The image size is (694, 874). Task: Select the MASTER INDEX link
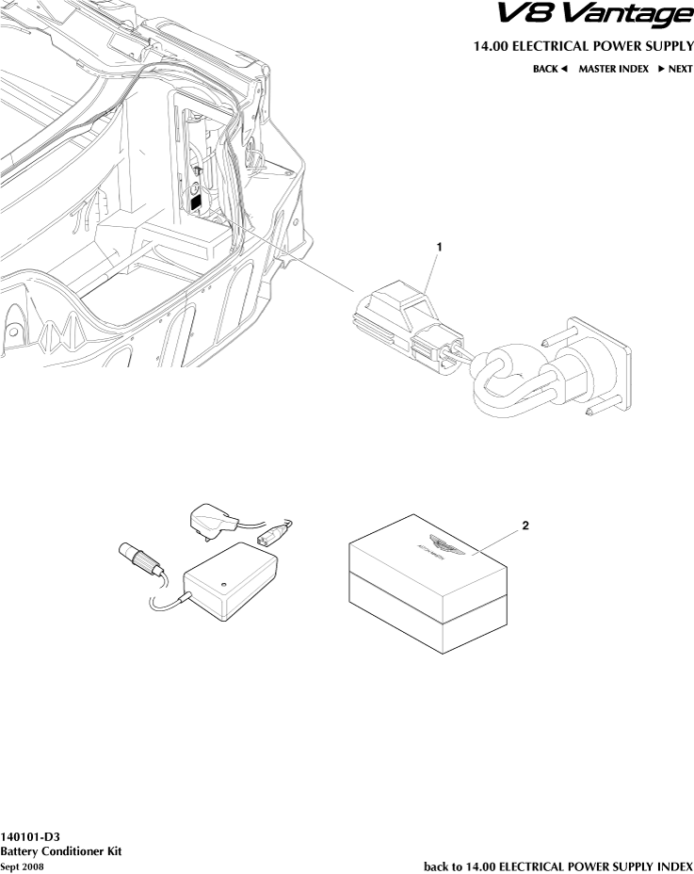(613, 69)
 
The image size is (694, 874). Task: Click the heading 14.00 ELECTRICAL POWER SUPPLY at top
(583, 46)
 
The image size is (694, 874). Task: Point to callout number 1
(438, 246)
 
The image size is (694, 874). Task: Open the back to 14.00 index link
(558, 866)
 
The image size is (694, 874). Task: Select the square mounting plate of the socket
(603, 363)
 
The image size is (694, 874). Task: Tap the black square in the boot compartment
(195, 201)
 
